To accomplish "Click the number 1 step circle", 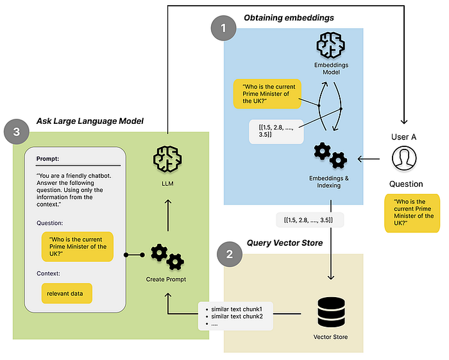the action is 223,28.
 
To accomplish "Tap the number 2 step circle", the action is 230,254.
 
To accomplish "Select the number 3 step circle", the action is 17,132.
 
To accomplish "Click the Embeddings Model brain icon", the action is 331,45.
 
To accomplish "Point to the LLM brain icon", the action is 167,159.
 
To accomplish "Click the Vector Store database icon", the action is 331,312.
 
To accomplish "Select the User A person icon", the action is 404,159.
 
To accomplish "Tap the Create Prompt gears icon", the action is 167,257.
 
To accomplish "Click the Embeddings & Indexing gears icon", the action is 330,155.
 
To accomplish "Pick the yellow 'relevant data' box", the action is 67,293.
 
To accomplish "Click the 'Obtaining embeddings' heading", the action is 289,18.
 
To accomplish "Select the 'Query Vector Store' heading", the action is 285,243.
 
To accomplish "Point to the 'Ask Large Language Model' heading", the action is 90,121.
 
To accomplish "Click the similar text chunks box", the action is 235,316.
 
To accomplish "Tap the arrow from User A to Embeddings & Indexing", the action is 369,159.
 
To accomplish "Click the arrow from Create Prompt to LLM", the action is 168,216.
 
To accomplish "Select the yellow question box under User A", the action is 412,213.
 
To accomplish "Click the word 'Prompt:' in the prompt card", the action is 47,159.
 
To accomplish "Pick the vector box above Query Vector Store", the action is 310,220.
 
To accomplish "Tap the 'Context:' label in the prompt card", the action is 48,273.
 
